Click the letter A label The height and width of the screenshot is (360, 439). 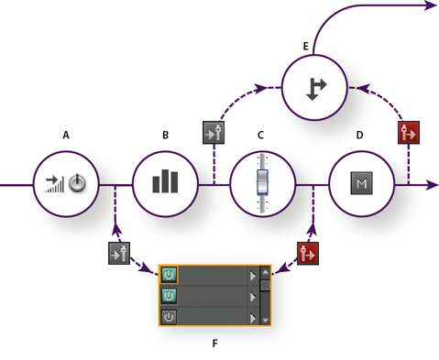tap(66, 135)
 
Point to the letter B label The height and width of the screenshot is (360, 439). tap(165, 135)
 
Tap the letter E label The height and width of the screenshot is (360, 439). tap(305, 46)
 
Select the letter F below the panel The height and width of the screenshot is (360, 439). tap(214, 344)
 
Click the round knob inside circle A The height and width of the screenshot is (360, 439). tap(79, 184)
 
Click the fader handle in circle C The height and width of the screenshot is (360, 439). tap(263, 181)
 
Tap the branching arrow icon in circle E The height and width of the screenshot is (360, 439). tap(316, 88)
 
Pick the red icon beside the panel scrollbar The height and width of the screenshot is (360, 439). tap(309, 253)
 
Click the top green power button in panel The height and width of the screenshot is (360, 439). tap(169, 274)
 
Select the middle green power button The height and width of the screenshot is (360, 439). tap(169, 295)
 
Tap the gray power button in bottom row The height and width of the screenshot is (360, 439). tap(169, 317)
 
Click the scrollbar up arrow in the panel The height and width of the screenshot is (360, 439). tap(265, 272)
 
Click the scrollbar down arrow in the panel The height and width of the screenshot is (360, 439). tap(265, 320)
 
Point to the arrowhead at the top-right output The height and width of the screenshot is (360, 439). tap(431, 5)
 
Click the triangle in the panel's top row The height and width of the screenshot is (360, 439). tap(251, 274)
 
